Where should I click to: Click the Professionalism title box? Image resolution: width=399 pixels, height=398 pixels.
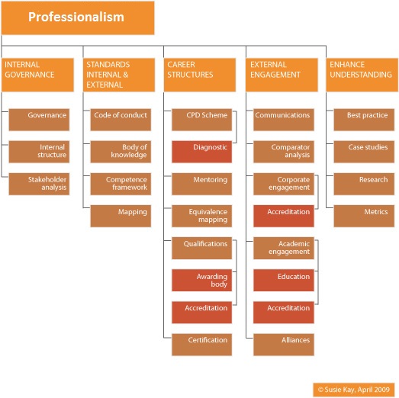tap(78, 18)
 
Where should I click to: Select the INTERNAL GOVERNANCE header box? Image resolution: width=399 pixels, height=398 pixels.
tap(37, 75)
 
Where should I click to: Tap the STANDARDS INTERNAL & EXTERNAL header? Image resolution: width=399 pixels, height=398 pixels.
tap(119, 75)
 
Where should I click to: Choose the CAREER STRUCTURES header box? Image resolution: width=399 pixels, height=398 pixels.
tap(200, 75)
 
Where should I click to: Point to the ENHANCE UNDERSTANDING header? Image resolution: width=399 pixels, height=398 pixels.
tap(362, 75)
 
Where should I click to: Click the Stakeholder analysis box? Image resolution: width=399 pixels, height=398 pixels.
tap(39, 184)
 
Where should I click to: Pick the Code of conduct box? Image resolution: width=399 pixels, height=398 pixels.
tap(121, 120)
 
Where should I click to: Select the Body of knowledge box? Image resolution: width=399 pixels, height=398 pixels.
tap(121, 152)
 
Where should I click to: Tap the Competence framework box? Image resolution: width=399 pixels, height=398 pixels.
tap(121, 184)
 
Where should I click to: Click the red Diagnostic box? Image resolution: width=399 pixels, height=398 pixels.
tap(202, 152)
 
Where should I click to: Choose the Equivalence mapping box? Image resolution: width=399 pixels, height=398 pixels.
tap(202, 216)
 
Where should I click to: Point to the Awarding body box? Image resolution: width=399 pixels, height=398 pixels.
tap(202, 281)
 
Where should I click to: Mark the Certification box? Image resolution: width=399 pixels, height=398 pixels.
tap(202, 345)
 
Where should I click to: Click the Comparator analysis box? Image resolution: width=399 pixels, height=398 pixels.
tap(284, 152)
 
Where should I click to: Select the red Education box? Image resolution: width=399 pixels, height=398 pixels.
tap(284, 281)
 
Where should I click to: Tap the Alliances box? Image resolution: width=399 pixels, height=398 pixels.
tap(284, 345)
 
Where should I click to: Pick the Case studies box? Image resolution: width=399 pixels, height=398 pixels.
tap(364, 152)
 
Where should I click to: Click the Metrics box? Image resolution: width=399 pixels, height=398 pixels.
tap(364, 216)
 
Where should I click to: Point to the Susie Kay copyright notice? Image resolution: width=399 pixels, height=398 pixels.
tap(354, 390)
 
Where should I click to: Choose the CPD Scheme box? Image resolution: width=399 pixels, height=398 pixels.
tap(202, 120)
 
